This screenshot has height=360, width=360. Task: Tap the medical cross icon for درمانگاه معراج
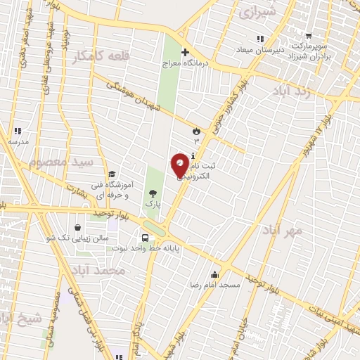[185, 52]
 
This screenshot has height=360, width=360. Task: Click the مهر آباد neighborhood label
[283, 230]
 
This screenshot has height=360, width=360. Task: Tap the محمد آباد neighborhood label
[102, 271]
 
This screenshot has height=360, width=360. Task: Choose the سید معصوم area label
[61, 162]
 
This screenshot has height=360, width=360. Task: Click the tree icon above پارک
[153, 193]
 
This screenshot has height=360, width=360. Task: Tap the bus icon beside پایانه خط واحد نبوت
[145, 238]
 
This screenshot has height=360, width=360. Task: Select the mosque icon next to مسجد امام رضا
[214, 274]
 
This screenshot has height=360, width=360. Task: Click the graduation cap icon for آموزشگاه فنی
[111, 174]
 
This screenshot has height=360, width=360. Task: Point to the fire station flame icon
[196, 131]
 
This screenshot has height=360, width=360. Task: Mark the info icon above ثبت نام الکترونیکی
[193, 155]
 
